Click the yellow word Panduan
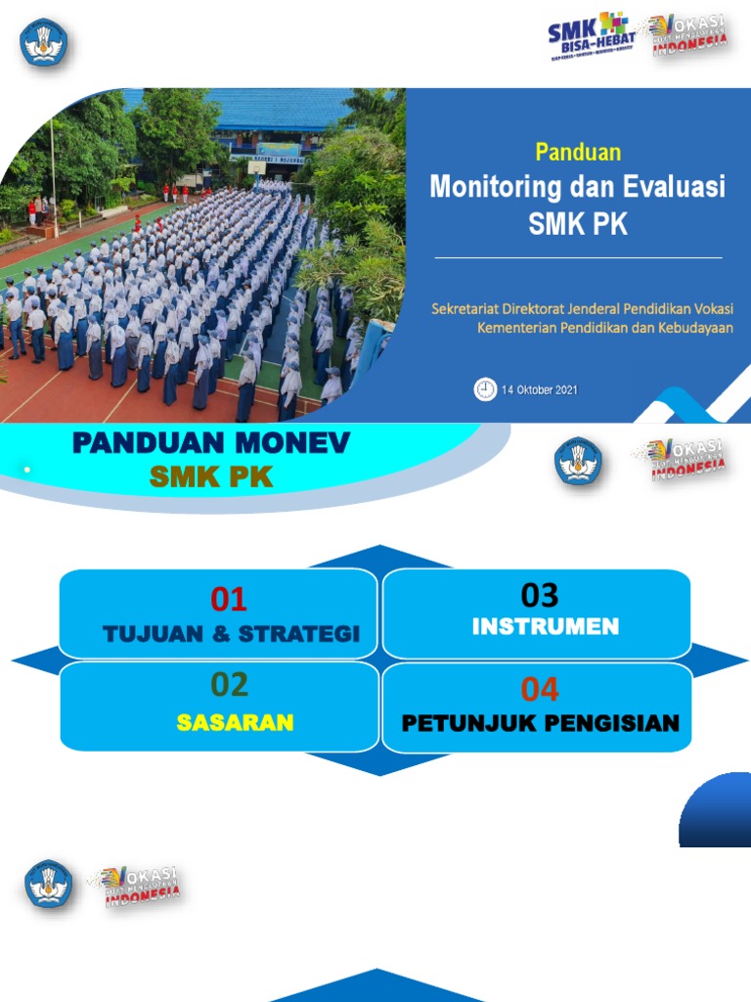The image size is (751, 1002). pos(578,152)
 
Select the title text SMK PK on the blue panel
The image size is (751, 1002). pos(578,223)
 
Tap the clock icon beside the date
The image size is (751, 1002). pos(485,389)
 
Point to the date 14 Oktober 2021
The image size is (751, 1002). pos(540,390)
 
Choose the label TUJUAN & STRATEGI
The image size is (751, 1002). pos(232,634)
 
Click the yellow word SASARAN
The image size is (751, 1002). pos(235,723)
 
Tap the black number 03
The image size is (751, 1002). pos(539,594)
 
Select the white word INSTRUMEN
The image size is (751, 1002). pos(545,626)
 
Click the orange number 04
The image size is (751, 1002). pos(539,689)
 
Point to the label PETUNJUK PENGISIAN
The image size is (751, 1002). pos(540,724)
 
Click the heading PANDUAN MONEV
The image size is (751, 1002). pos(211,445)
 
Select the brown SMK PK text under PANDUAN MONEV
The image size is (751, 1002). pos(211,478)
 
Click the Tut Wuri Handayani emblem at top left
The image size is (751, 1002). pos(44,42)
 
